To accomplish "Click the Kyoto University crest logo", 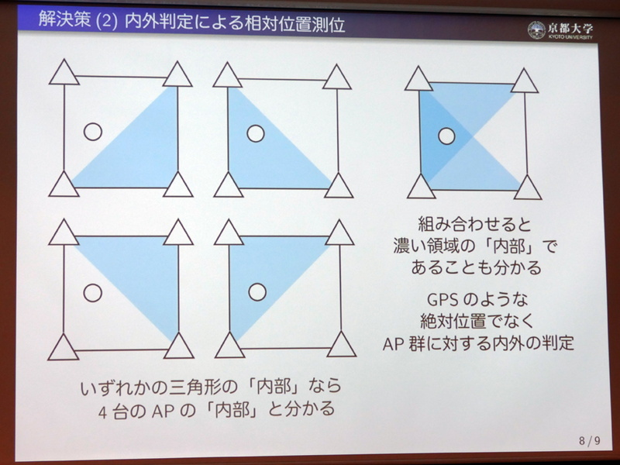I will point(536,29).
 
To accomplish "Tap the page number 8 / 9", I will point(589,441).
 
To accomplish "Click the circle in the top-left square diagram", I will point(93,132).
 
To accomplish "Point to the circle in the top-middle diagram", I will point(255,133).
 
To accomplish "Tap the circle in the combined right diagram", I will point(446,137).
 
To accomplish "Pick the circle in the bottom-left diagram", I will point(93,292).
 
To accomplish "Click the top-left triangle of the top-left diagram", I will point(65,74).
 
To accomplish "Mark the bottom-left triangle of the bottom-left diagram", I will point(64,346).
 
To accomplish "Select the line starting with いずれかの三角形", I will point(210,386).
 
